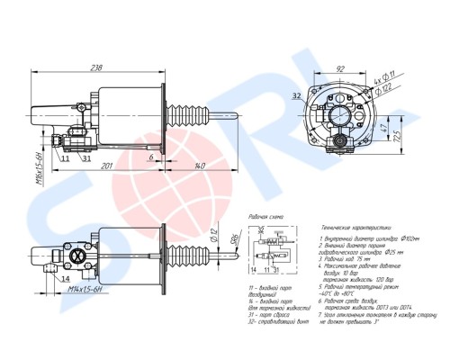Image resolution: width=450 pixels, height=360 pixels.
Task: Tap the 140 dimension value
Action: (x=199, y=165)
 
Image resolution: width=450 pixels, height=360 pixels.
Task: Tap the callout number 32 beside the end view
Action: (x=296, y=93)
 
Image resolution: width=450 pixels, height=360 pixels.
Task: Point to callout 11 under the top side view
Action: (x=67, y=158)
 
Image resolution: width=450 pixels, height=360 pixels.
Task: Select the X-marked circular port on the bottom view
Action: (x=76, y=256)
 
